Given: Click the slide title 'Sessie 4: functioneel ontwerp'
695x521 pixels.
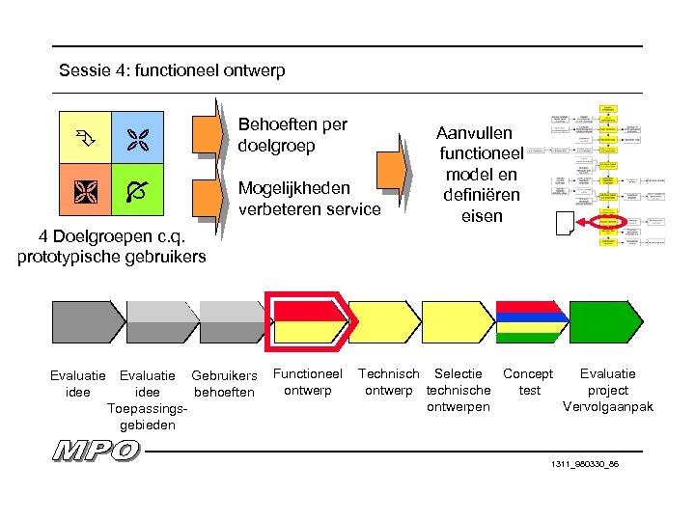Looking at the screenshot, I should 172,70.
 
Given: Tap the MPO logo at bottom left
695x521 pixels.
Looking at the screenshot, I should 96,451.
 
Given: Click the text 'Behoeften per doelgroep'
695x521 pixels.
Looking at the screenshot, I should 292,136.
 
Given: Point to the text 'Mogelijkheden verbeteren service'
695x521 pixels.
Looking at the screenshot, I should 308,198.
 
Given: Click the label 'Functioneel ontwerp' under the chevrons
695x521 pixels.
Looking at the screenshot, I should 308,382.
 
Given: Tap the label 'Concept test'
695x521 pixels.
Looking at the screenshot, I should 528,382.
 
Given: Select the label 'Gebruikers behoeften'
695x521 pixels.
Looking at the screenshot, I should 224,383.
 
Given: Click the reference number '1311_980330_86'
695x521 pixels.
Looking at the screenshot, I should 584,464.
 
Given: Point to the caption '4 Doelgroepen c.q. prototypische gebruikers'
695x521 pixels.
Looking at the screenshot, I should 111,246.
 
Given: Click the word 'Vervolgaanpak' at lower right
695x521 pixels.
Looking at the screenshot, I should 607,406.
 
